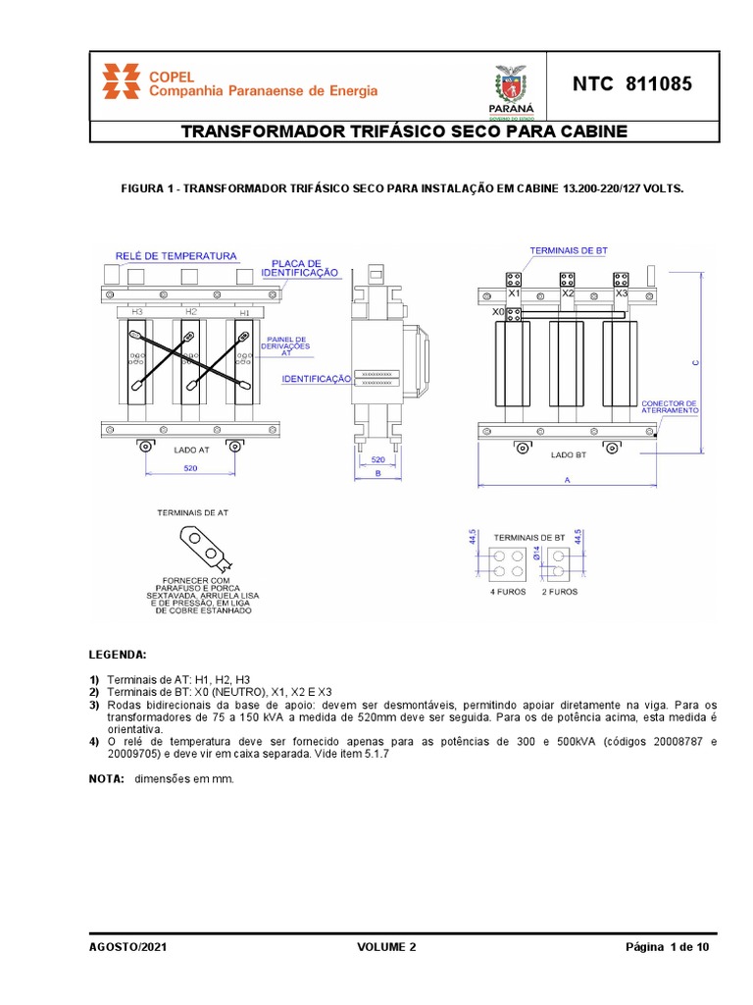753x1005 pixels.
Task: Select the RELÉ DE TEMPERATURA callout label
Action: click(176, 256)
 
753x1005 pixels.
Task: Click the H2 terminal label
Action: click(190, 311)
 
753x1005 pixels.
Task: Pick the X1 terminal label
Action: click(513, 293)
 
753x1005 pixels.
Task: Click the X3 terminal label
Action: click(620, 293)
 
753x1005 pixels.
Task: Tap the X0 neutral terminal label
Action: click(499, 311)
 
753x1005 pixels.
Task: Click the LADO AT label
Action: click(191, 450)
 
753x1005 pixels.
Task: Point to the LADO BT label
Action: click(568, 455)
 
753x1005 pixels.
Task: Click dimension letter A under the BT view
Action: click(568, 480)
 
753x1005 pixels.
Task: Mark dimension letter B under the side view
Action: click(376, 473)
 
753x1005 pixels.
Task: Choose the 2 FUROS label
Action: click(560, 592)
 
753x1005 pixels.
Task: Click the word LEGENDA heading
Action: click(118, 654)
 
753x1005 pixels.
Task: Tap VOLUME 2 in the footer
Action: click(386, 947)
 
